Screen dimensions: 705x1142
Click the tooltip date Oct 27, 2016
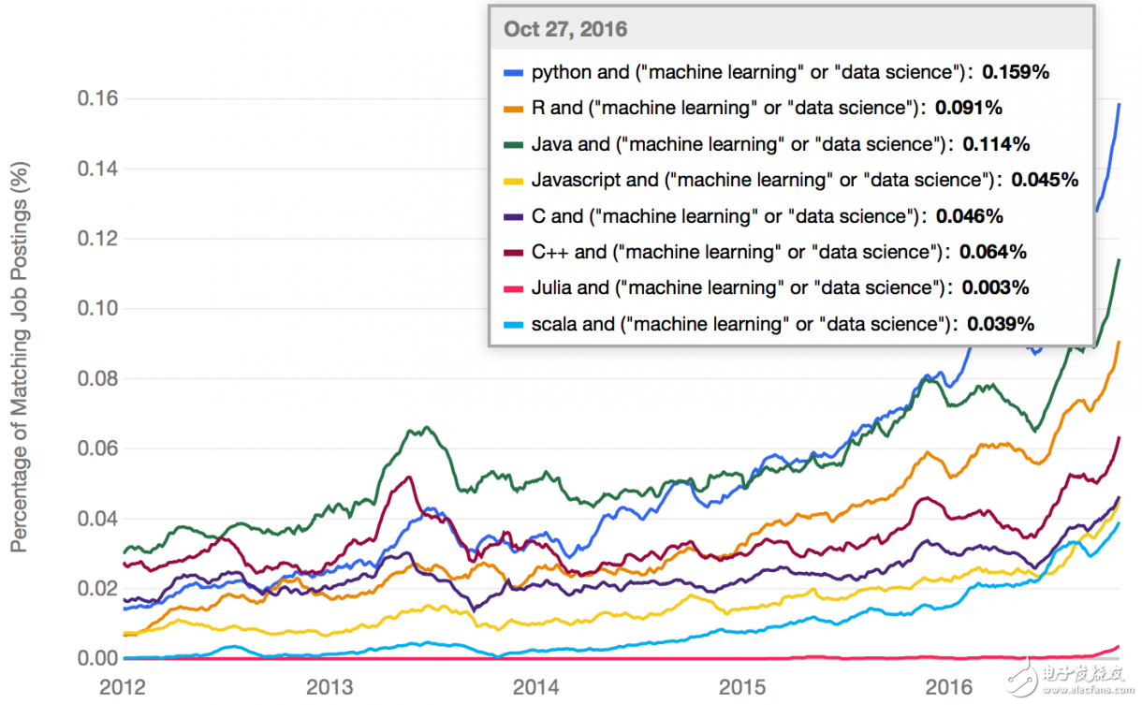pos(565,29)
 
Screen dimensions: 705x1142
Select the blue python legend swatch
pos(512,72)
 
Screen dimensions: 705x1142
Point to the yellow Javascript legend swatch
pos(512,181)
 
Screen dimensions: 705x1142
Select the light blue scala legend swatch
pos(512,325)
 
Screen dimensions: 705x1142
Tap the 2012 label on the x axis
pos(123,686)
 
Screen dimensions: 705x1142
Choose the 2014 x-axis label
pos(536,686)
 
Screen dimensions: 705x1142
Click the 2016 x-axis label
pos(950,686)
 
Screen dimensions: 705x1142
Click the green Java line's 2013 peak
pos(427,428)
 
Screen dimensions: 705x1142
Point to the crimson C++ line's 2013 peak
pos(408,477)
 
